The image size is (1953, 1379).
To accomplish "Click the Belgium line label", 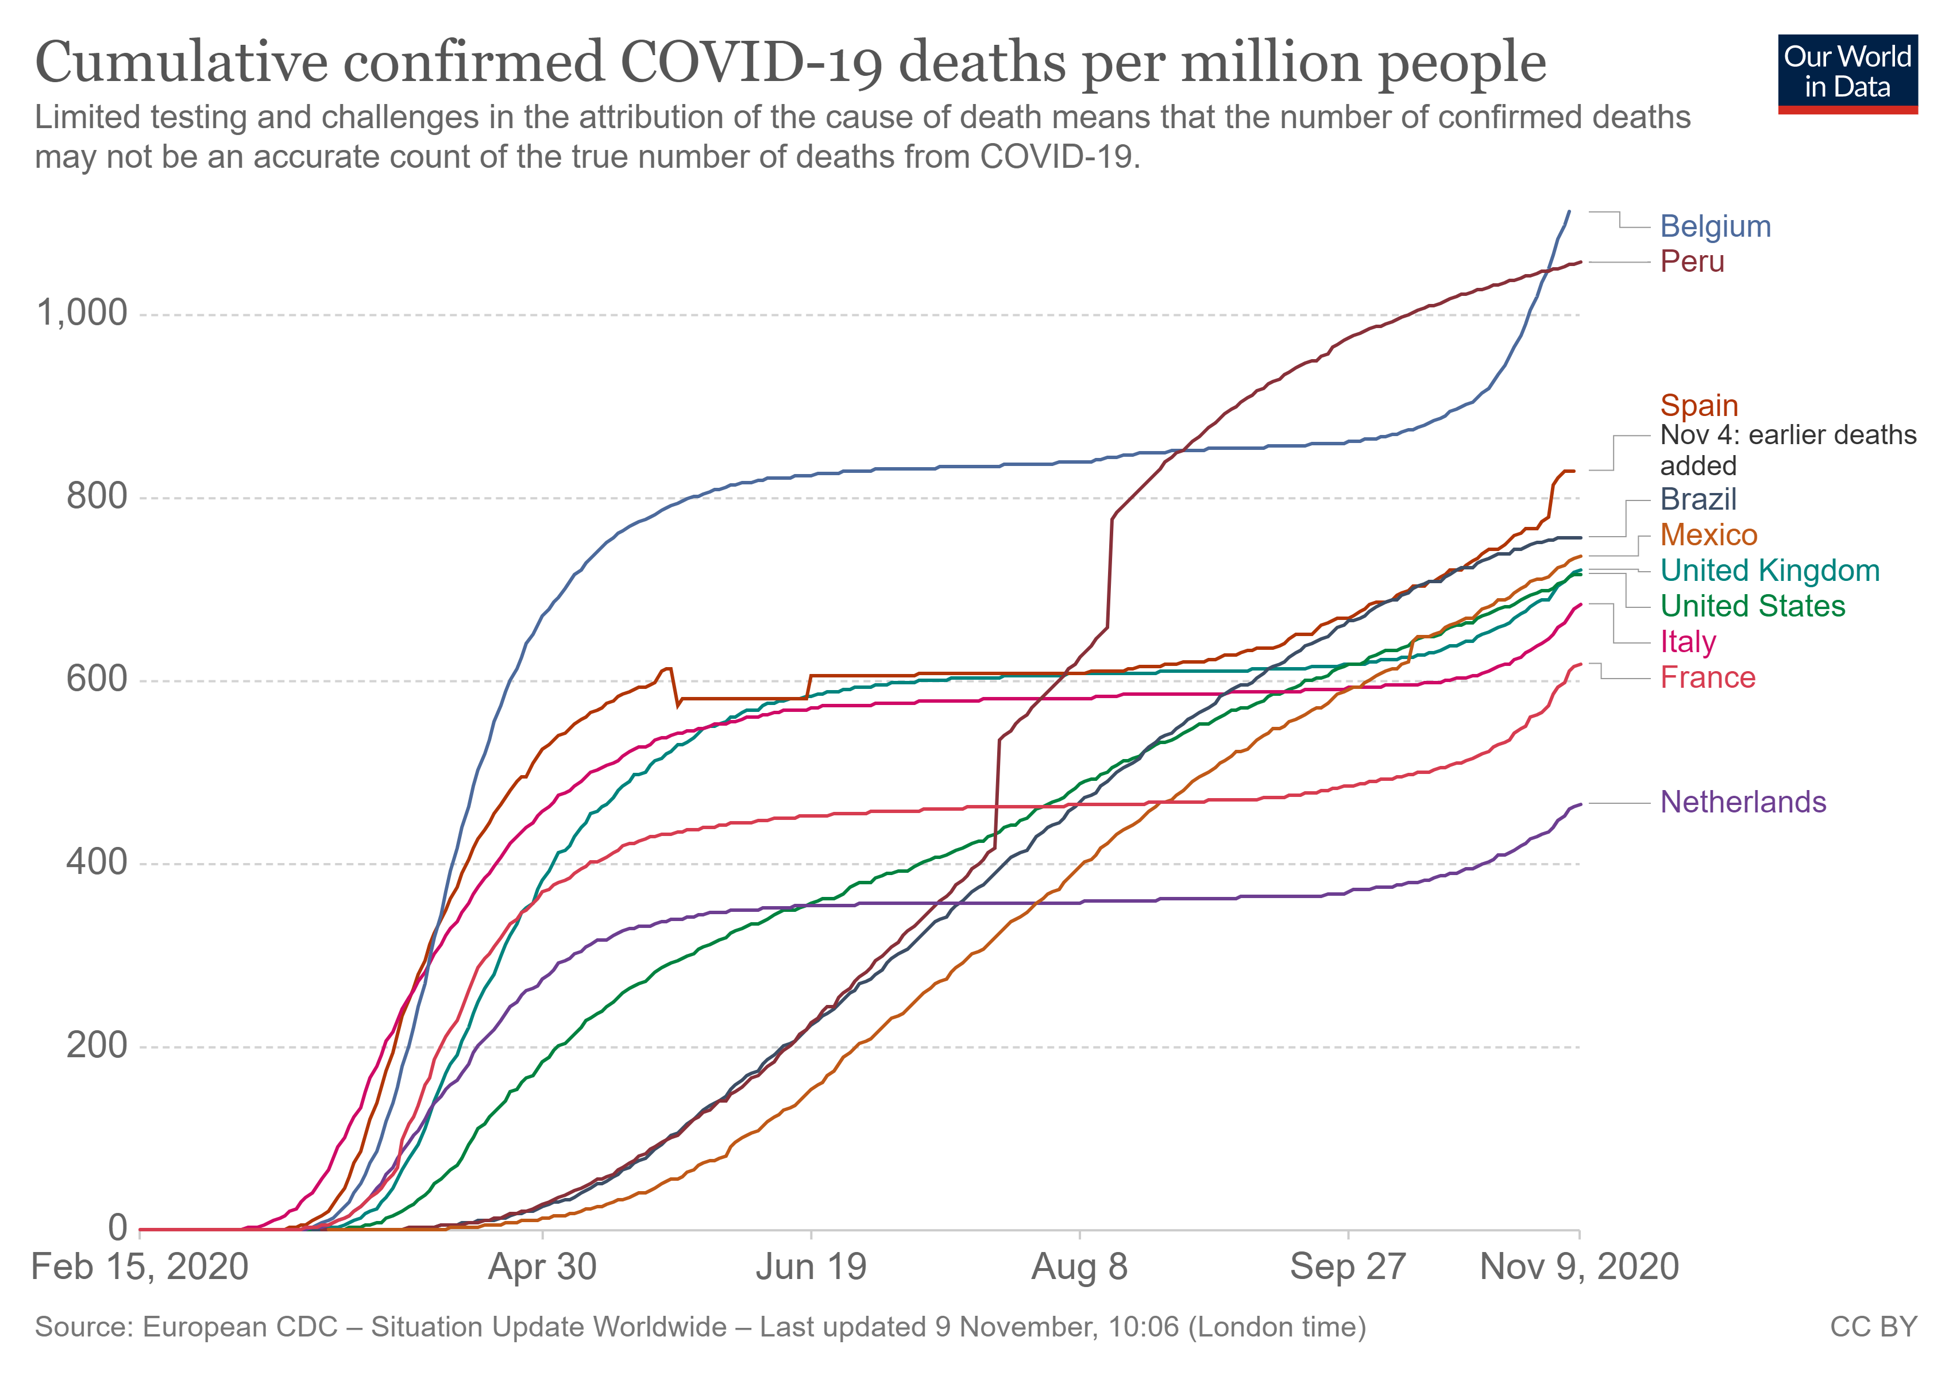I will [x=1715, y=226].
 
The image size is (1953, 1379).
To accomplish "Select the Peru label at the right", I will [x=1692, y=262].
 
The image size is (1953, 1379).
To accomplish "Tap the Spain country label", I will [x=1699, y=406].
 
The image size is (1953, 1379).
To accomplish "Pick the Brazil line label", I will [x=1698, y=499].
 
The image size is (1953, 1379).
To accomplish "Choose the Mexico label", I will [x=1708, y=535].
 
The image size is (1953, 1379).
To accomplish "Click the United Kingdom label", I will [x=1769, y=571].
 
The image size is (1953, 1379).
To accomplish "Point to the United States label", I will [x=1753, y=607].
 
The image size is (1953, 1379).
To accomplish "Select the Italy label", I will [x=1688, y=642].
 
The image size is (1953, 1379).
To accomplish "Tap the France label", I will [x=1707, y=678].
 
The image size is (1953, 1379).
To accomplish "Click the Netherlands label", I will [x=1743, y=802].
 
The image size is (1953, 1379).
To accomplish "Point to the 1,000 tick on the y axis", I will [x=82, y=313].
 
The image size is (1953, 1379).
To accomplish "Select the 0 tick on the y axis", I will [x=117, y=1228].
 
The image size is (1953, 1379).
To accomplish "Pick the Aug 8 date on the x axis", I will [x=1079, y=1268].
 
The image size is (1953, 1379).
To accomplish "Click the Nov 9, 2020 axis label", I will [x=1578, y=1268].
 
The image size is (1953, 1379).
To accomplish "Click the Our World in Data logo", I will [x=1847, y=73].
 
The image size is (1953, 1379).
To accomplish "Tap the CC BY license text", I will [x=1873, y=1328].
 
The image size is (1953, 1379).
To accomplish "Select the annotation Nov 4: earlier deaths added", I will [x=1787, y=450].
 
